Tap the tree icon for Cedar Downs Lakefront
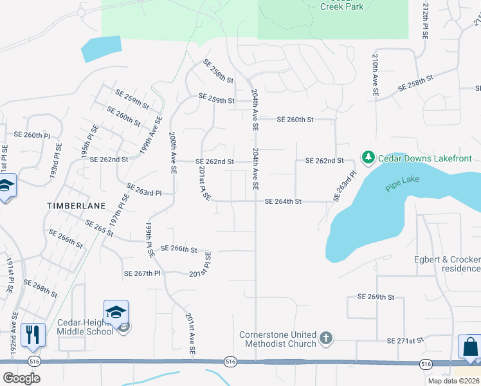pos(368,158)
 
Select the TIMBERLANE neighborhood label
pos(71,204)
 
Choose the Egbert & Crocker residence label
pos(447,264)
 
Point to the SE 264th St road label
pos(283,201)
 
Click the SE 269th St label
pos(376,297)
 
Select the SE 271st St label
pos(406,340)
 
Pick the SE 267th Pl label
pos(141,273)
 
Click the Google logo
pos(21,378)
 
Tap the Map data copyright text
pos(453,381)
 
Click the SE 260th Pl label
pos(32,135)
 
